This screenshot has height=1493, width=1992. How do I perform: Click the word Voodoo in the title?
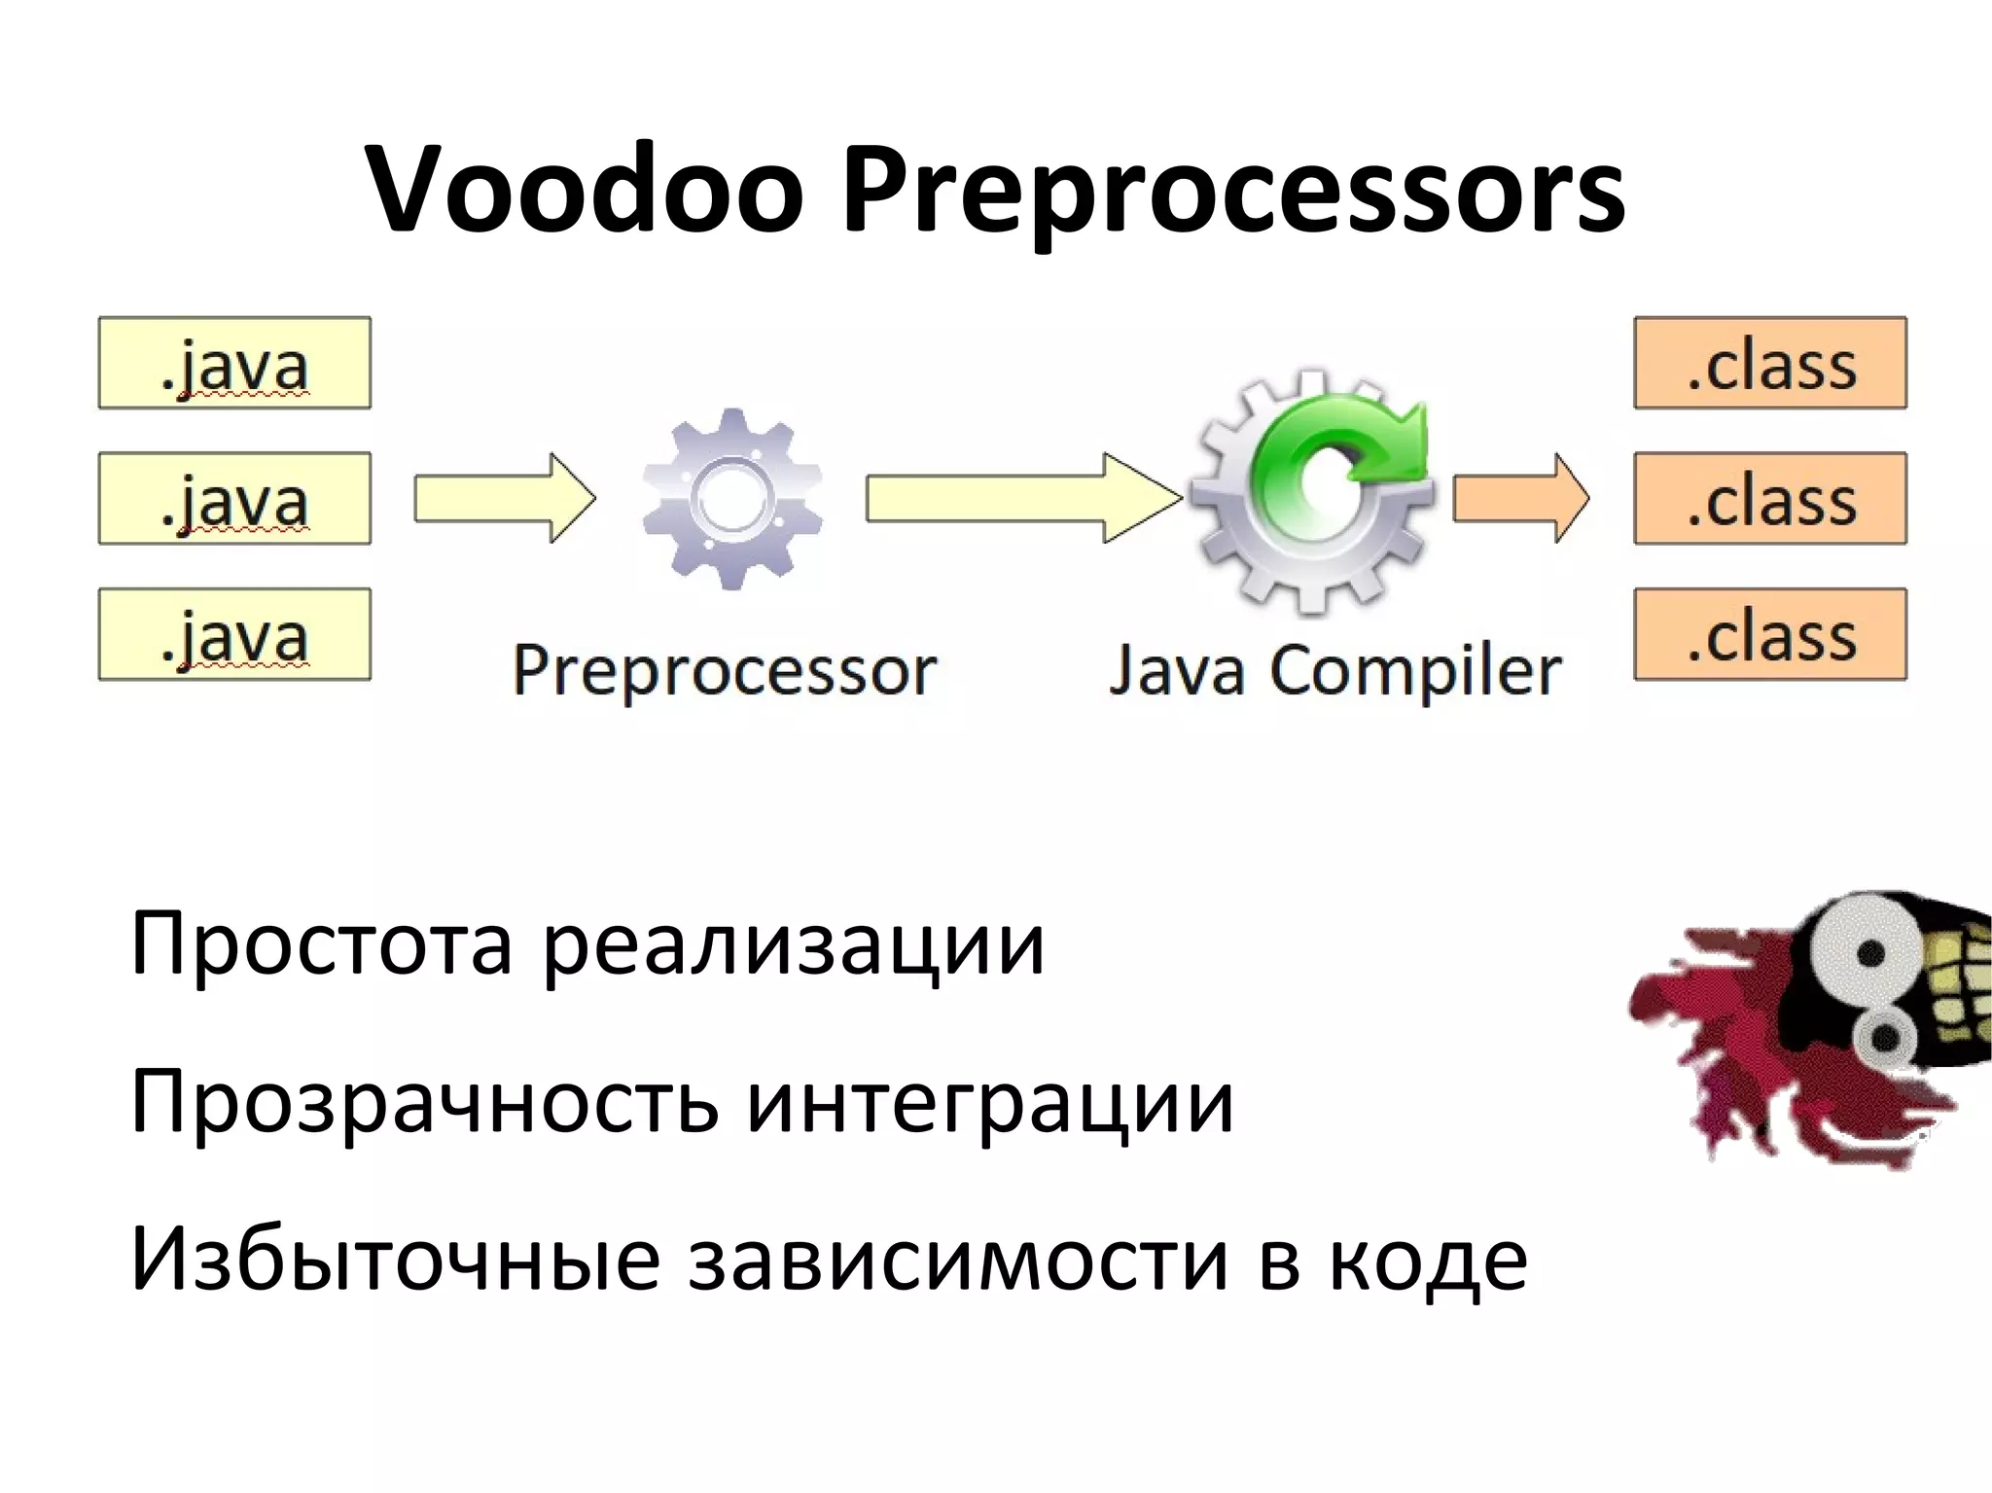point(585,190)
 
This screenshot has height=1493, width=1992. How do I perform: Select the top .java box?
point(234,363)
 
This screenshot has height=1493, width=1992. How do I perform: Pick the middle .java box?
point(234,498)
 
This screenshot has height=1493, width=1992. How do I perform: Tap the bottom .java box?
point(234,634)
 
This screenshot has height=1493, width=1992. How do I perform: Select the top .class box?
point(1769,363)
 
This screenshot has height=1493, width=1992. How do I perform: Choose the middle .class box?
point(1769,498)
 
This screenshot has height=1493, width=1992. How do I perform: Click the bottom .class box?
point(1769,634)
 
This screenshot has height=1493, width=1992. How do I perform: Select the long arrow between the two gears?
point(1021,498)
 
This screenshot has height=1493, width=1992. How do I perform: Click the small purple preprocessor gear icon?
point(732,498)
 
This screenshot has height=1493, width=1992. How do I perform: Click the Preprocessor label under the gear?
point(724,671)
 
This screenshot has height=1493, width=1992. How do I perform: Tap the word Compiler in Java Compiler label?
point(1415,671)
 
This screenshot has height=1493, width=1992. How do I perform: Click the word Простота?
point(321,943)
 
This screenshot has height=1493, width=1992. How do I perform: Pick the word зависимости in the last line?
point(958,1261)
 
